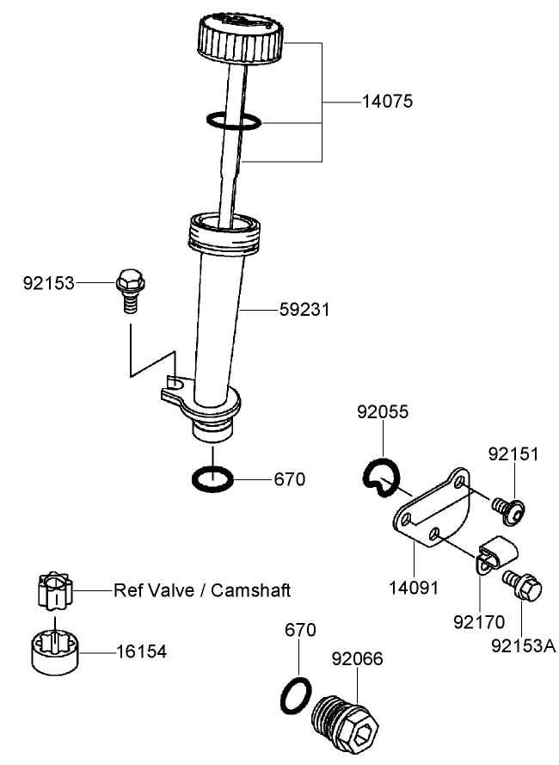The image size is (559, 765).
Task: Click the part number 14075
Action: coord(387,102)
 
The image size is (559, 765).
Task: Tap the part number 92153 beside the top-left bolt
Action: coord(48,282)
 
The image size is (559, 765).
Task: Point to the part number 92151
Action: coord(513,453)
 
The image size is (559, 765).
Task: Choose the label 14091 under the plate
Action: coord(414,589)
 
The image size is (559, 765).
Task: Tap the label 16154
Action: coord(142,652)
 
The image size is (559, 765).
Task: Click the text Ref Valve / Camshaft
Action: coord(202,590)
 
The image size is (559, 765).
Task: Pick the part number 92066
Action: coord(357,660)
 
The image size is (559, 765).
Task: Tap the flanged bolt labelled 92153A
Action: coord(523,588)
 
